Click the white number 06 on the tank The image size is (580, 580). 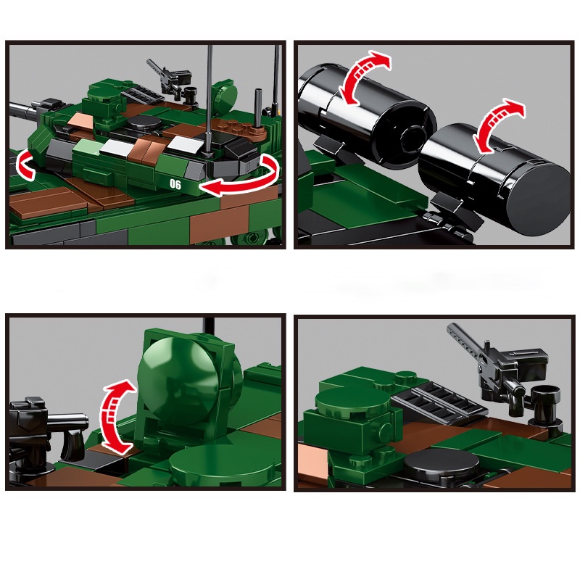(175, 184)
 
